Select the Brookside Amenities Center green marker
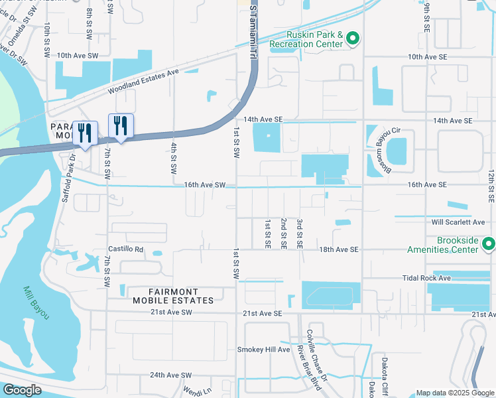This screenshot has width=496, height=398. [489, 245]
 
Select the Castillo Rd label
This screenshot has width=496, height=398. [126, 249]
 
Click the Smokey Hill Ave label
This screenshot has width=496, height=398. [264, 350]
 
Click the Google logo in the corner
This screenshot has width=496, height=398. [22, 390]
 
